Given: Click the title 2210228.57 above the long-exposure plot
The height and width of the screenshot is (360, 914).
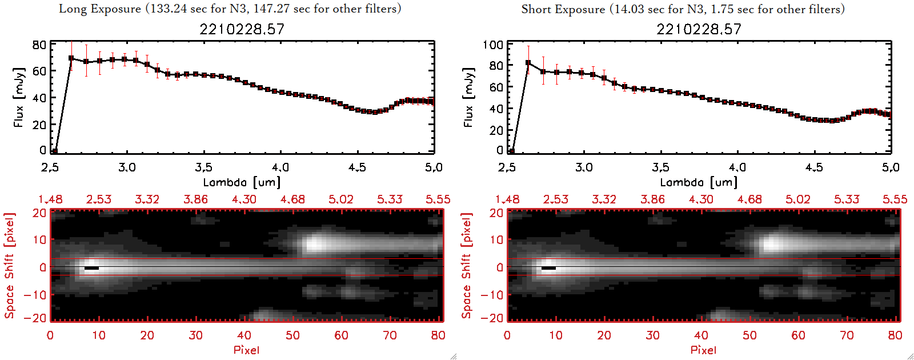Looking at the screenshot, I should (x=242, y=29).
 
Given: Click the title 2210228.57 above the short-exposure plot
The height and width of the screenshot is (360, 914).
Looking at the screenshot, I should (x=699, y=29).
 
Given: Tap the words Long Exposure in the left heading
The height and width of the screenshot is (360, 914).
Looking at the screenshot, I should (x=100, y=9).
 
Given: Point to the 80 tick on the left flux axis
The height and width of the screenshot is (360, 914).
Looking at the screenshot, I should (x=39, y=45).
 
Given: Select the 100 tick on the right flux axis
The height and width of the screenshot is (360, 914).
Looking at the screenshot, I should (x=493, y=45).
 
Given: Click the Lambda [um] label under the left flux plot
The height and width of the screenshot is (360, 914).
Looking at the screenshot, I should (x=242, y=182).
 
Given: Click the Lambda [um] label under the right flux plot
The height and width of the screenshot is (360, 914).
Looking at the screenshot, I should (x=699, y=182).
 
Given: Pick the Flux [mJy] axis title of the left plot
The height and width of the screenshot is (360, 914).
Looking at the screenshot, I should (x=19, y=97).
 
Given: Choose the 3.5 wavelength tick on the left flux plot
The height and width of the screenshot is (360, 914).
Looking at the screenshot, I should (x=203, y=167).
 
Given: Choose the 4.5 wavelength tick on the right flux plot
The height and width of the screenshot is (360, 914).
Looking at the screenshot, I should (x=814, y=167).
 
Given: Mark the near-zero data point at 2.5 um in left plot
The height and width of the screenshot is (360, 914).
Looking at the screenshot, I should (x=55, y=151).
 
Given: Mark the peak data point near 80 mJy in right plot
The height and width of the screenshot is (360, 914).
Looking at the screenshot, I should (x=528, y=63).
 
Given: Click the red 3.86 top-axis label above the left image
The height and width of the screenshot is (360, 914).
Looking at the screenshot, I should (x=195, y=199).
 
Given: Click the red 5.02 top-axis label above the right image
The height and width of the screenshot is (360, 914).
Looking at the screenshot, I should (x=797, y=199).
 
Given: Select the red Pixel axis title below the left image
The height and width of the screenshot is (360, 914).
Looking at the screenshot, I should (x=246, y=350).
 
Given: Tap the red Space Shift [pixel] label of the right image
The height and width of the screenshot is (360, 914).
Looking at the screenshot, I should (x=467, y=266).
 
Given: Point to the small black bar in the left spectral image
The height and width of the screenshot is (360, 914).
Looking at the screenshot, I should (x=91, y=267).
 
